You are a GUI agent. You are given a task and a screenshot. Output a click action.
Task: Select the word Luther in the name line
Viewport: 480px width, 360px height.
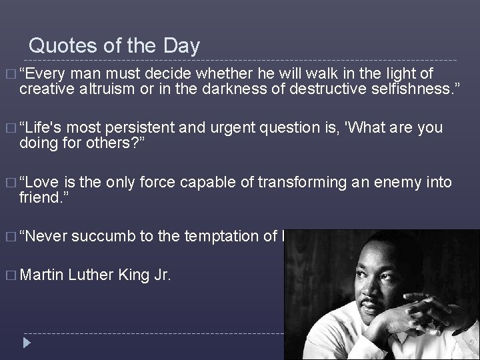[91, 274]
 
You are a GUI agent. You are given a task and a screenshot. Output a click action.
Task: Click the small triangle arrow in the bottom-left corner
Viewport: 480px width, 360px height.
[26, 343]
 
